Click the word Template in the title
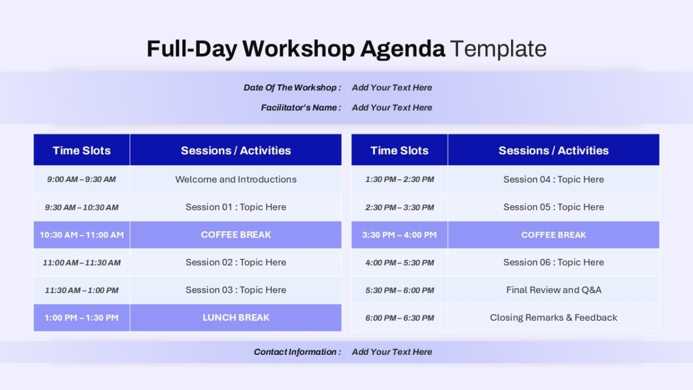pyautogui.click(x=498, y=49)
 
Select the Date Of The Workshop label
pyautogui.click(x=292, y=88)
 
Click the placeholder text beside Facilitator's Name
pyautogui.click(x=392, y=107)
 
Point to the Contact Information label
pyautogui.click(x=297, y=352)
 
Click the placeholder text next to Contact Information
pyautogui.click(x=392, y=352)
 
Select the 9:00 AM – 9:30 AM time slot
pyautogui.click(x=81, y=179)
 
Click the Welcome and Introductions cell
pyautogui.click(x=236, y=179)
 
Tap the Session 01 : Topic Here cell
pyautogui.click(x=236, y=207)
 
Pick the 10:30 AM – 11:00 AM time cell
pyautogui.click(x=81, y=235)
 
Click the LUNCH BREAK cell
pyautogui.click(x=236, y=318)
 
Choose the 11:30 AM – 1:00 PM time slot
pyautogui.click(x=81, y=290)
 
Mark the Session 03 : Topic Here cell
pyautogui.click(x=236, y=290)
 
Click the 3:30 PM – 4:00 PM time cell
pyautogui.click(x=400, y=235)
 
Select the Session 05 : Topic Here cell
pyautogui.click(x=553, y=207)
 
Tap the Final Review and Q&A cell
pyautogui.click(x=554, y=290)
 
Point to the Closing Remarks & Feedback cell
pyautogui.click(x=553, y=318)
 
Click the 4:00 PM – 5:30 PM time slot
pyautogui.click(x=400, y=263)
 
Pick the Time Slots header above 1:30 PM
pyautogui.click(x=400, y=150)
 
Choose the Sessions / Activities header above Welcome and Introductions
pyautogui.click(x=236, y=150)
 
